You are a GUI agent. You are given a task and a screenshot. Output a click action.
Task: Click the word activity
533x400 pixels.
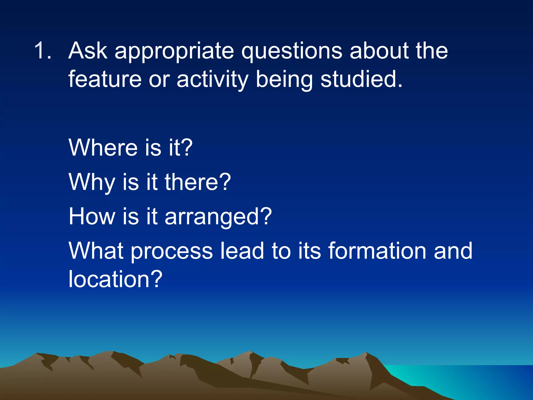212,80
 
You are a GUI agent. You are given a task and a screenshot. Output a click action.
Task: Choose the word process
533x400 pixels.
172,252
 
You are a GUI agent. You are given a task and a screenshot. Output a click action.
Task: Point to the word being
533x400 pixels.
284,80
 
